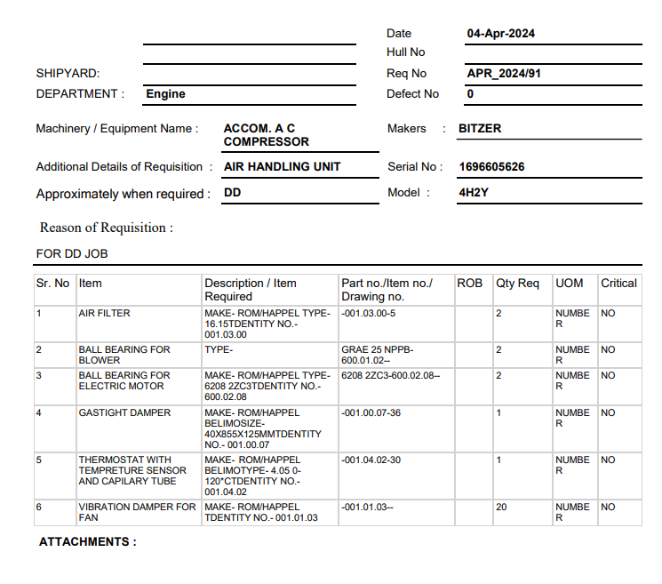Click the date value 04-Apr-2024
click(x=500, y=34)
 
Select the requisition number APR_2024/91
click(x=503, y=74)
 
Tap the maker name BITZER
click(x=480, y=129)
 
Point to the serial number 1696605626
click(x=491, y=167)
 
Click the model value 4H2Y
click(x=474, y=193)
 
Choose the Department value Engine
click(x=165, y=94)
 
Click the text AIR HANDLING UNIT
click(x=282, y=166)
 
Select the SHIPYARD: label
click(x=68, y=74)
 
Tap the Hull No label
click(x=405, y=52)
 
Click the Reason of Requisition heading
click(x=107, y=228)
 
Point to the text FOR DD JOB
click(x=71, y=254)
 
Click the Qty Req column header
click(x=517, y=284)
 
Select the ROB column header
click(x=469, y=284)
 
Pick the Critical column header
click(x=618, y=284)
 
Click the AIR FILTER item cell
click(x=104, y=314)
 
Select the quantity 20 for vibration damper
click(x=501, y=508)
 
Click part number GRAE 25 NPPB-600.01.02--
click(x=378, y=356)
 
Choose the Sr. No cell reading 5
click(x=39, y=460)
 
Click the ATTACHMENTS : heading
click(x=88, y=541)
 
